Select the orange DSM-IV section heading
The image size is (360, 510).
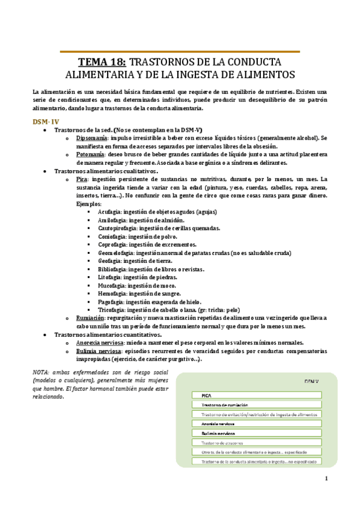[46, 121]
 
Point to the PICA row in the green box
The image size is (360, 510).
[257, 395]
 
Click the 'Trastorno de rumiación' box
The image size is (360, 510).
[257, 405]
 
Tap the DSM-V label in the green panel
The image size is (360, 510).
[310, 381]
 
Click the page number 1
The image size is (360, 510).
[325, 479]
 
